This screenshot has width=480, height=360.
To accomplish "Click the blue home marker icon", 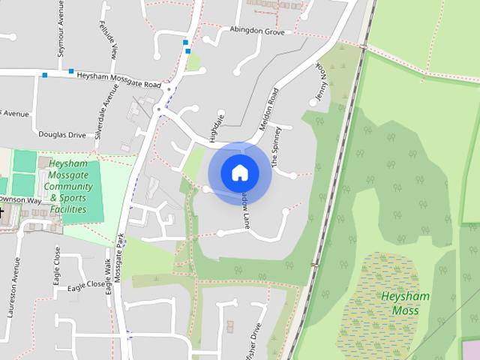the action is click(x=239, y=172).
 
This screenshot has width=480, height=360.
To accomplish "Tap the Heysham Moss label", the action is click(x=405, y=302).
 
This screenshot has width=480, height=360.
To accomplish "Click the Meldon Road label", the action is click(x=268, y=109).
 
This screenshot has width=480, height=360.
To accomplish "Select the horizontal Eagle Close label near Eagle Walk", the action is click(x=85, y=285).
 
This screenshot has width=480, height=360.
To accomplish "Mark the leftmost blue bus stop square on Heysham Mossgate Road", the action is click(x=45, y=75).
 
